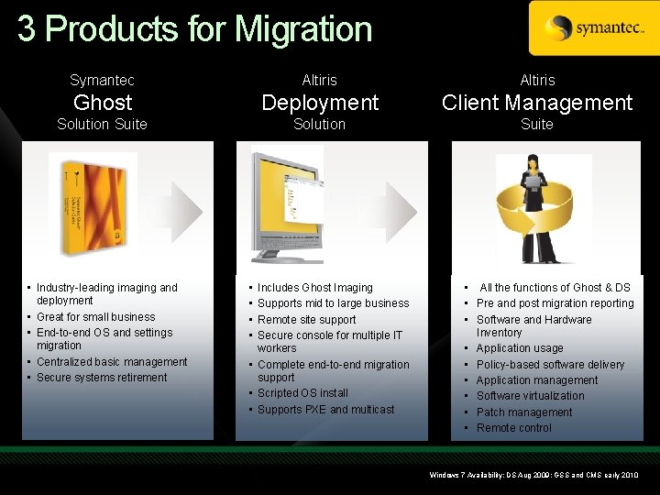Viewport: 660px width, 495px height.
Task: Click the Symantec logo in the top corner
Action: click(593, 28)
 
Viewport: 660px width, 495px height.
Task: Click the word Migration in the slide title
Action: click(303, 29)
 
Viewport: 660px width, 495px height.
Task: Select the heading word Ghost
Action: click(103, 103)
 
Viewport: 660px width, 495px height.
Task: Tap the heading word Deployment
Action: click(320, 103)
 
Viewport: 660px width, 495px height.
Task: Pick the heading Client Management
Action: click(537, 103)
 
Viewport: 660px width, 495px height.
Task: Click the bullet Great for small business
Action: click(95, 317)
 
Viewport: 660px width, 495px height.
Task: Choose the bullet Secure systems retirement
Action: click(102, 378)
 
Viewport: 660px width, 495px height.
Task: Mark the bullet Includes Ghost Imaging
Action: click(314, 288)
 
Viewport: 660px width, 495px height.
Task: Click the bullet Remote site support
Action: click(306, 320)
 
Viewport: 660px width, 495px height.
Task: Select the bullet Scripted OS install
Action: click(302, 393)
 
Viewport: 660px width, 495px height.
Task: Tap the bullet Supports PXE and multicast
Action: click(325, 410)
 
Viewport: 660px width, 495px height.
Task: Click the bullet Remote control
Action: click(513, 428)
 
